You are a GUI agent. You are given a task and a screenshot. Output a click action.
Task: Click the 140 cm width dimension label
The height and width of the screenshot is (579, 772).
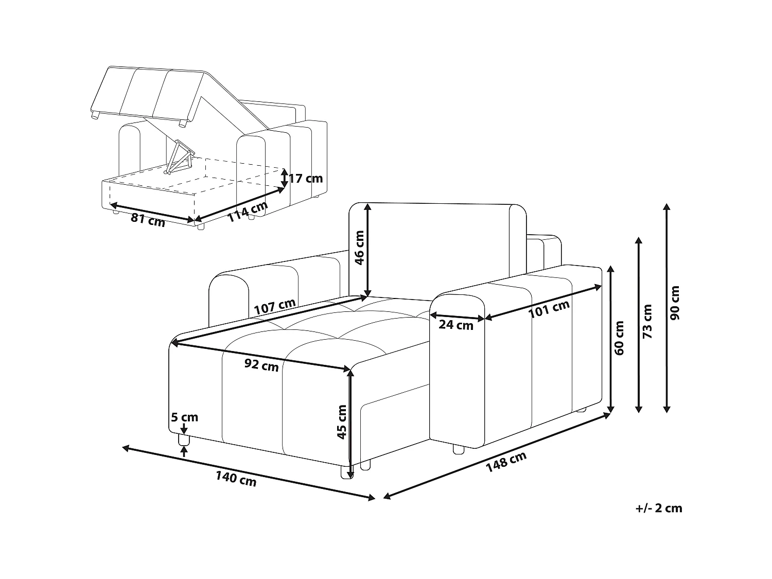(236, 479)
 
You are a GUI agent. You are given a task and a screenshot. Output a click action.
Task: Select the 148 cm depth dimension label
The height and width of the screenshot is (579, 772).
(506, 462)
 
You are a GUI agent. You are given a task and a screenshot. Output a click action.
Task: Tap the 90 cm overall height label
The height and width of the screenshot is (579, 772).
(675, 303)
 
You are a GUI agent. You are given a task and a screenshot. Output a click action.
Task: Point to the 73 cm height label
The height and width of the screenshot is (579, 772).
(647, 321)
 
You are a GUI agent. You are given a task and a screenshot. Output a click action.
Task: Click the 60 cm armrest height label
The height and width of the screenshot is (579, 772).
(619, 338)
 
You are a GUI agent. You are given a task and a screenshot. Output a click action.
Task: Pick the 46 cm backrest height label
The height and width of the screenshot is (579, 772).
(359, 248)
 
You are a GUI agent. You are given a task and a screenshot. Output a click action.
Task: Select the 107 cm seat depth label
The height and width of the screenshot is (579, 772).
(275, 307)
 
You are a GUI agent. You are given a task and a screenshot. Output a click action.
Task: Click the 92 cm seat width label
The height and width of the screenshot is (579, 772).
(261, 365)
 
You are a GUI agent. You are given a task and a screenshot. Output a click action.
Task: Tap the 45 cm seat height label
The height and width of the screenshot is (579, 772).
(342, 422)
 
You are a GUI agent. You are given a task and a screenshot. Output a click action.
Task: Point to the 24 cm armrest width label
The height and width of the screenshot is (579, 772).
(456, 325)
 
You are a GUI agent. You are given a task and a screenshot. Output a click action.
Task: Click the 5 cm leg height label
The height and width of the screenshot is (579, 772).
(185, 417)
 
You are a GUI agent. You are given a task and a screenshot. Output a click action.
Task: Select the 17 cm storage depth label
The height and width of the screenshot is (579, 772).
(306, 178)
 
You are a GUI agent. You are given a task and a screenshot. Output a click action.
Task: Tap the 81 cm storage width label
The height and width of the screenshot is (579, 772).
(148, 220)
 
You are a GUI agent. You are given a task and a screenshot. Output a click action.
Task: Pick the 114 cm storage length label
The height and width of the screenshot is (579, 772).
(248, 212)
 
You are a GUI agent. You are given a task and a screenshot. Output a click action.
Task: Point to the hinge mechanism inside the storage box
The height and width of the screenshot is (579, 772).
(180, 157)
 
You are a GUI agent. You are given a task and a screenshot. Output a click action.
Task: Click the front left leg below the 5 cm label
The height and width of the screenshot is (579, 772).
(184, 440)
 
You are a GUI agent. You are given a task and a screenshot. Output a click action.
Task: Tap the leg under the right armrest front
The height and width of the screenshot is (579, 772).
(458, 449)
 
